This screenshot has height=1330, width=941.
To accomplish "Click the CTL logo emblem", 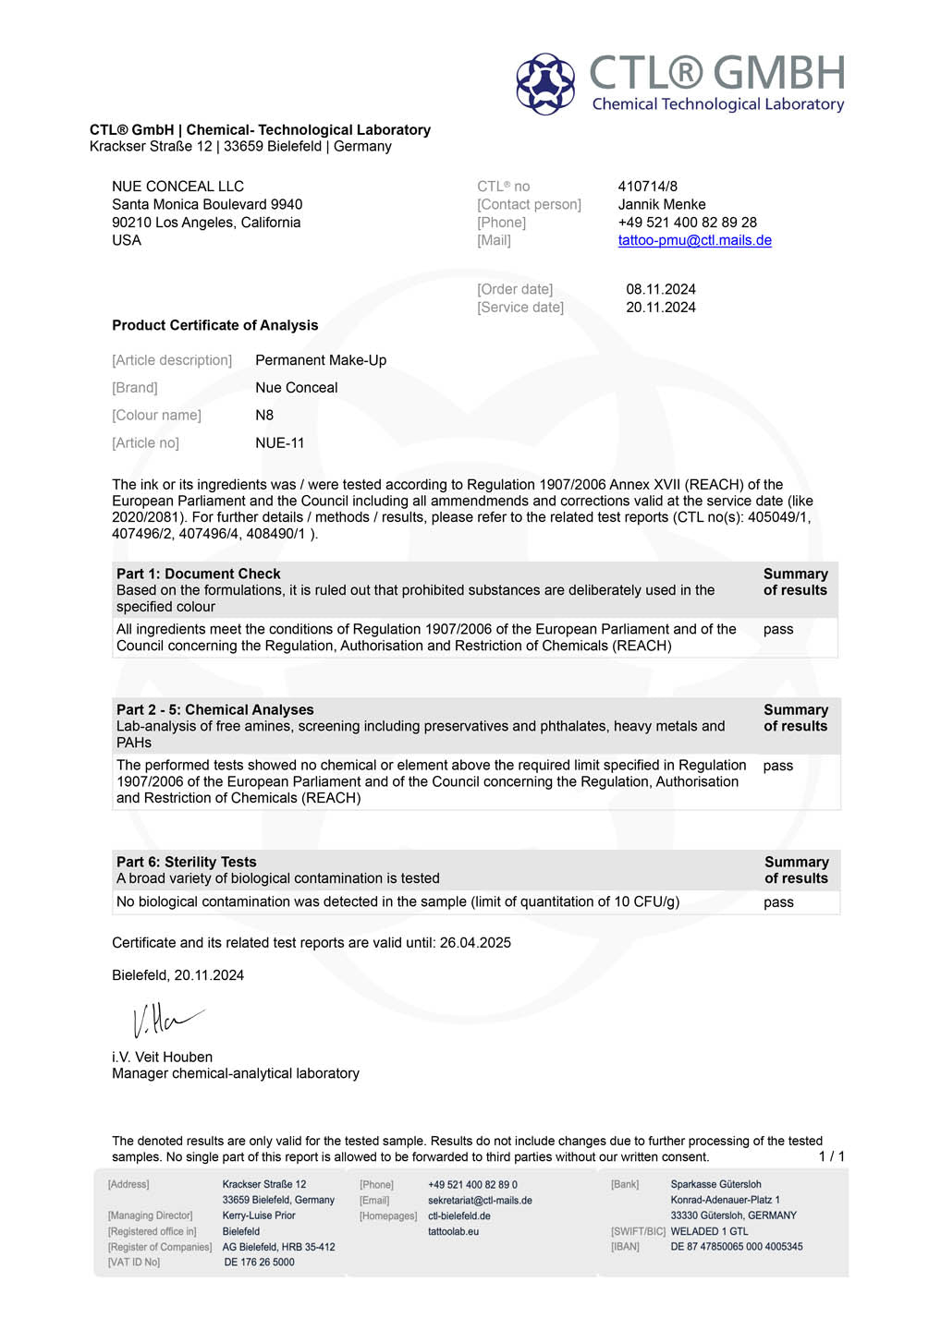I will [x=545, y=83].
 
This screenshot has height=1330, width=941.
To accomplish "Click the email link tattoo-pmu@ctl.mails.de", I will [x=694, y=240].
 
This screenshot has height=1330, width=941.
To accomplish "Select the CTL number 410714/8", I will [x=647, y=187].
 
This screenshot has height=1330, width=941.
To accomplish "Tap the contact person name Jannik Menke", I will [x=661, y=204].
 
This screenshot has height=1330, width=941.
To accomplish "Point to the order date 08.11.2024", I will [x=660, y=289].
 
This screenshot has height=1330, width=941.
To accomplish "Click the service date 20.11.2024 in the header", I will [x=660, y=308].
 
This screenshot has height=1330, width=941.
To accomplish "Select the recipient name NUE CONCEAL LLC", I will [x=177, y=187].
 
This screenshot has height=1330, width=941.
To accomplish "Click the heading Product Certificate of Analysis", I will [x=214, y=325].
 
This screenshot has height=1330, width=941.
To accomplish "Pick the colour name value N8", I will [x=264, y=416].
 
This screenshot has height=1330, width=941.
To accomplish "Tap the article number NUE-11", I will [x=279, y=443].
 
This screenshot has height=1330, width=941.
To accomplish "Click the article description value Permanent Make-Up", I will [x=321, y=360].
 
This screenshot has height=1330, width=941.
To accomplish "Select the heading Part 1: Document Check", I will [x=198, y=574].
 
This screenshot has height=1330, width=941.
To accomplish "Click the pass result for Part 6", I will [x=778, y=902].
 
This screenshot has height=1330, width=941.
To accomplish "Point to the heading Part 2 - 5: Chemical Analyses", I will [x=214, y=709].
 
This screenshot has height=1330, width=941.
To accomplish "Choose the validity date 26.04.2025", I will [x=475, y=943].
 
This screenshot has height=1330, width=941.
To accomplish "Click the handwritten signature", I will [x=166, y=1019].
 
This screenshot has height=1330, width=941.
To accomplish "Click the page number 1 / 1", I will [x=831, y=1156].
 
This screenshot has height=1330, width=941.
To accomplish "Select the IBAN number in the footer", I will [x=736, y=1247].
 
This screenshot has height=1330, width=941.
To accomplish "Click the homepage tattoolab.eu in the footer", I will [x=453, y=1231].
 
